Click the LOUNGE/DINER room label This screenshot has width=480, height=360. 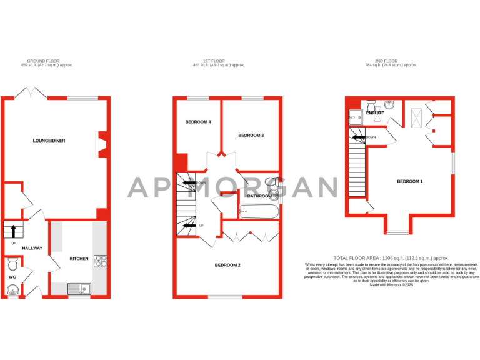click(x=49, y=141)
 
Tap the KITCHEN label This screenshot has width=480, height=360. click(x=79, y=257)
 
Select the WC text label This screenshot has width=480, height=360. click(x=12, y=276)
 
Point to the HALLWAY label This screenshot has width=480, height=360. click(x=32, y=248)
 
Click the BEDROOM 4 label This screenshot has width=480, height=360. click(x=197, y=122)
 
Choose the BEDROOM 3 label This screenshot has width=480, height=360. click(x=251, y=135)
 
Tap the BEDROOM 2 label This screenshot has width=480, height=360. click(x=227, y=265)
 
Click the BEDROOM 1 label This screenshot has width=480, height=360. click(x=410, y=181)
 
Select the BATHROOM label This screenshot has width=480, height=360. click(x=259, y=196)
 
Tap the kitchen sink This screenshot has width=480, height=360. click(x=80, y=288)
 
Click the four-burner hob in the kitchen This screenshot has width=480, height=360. click(x=100, y=261)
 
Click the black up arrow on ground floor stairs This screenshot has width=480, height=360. click(x=14, y=230)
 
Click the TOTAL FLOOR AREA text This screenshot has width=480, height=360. click(x=391, y=257)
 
